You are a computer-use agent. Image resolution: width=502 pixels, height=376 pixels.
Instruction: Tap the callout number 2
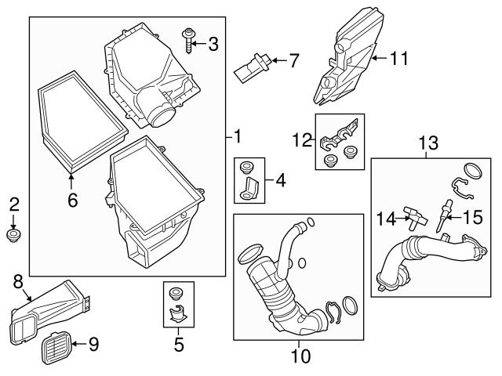click(13, 205)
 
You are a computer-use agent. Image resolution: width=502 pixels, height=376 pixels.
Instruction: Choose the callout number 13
click(428, 143)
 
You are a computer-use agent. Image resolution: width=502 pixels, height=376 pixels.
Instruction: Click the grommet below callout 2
click(13, 235)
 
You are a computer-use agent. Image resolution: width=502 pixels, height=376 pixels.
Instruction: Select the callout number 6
click(72, 201)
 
